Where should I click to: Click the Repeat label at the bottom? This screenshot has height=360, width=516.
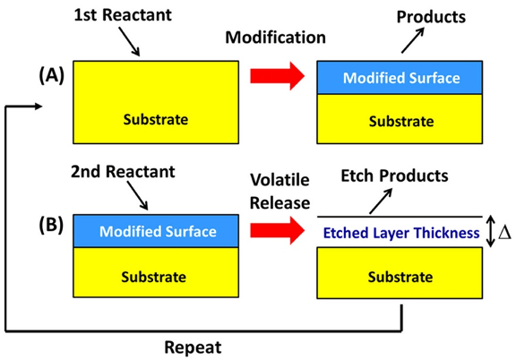coord(193,344)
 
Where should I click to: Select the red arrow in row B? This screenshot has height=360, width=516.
coord(276,232)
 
